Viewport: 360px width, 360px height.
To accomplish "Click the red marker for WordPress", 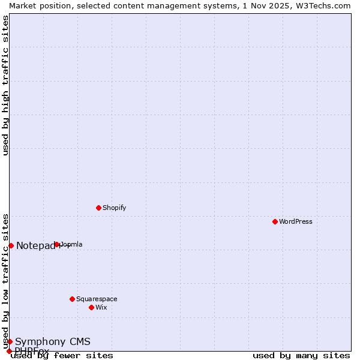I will click(275, 221).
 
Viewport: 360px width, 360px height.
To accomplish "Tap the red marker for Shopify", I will click(98, 208).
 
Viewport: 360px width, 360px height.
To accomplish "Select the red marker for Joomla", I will click(57, 244).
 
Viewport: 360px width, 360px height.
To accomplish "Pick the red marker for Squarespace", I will click(72, 299).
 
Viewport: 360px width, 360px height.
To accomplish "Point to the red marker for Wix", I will click(91, 307).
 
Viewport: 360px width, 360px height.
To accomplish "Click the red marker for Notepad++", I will click(11, 245).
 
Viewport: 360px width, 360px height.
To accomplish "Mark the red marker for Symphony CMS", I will click(10, 341).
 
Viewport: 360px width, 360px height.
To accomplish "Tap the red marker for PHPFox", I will click(9, 351).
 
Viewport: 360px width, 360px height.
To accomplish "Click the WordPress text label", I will click(296, 221).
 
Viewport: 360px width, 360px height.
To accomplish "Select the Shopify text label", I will click(114, 208).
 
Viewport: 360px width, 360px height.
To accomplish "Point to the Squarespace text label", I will click(97, 299).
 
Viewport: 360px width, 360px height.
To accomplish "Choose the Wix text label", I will click(101, 307).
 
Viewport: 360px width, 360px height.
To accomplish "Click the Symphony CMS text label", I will click(53, 342).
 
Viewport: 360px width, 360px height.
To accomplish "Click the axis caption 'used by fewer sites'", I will click(62, 355).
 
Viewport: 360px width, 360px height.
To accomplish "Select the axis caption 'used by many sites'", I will click(301, 355).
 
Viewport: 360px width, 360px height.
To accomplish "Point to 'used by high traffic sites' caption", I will click(5, 85).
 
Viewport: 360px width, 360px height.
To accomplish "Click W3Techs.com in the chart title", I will click(323, 5).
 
